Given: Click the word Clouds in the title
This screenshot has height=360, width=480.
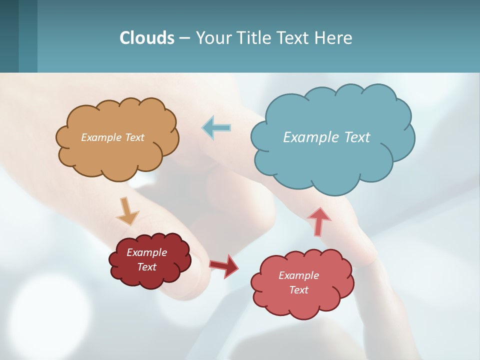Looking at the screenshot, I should pos(147,37).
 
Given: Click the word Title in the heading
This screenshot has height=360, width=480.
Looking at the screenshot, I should pos(253,37).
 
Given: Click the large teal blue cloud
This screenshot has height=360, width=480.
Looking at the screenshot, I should pos(332,160).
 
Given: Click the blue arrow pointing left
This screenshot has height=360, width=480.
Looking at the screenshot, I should pos(216,128).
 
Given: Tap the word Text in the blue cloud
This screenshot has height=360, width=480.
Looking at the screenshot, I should pos(357,137).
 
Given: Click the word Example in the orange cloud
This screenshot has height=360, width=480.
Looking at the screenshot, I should pos(101,137).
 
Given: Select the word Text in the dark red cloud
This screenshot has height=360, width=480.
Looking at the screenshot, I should pos(147,267).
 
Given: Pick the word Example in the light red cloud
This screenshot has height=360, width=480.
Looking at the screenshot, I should pos(298,275).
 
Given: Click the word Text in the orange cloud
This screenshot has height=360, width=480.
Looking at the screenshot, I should pos(133,137).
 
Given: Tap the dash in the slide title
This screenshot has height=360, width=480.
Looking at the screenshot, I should pos(184,38).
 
